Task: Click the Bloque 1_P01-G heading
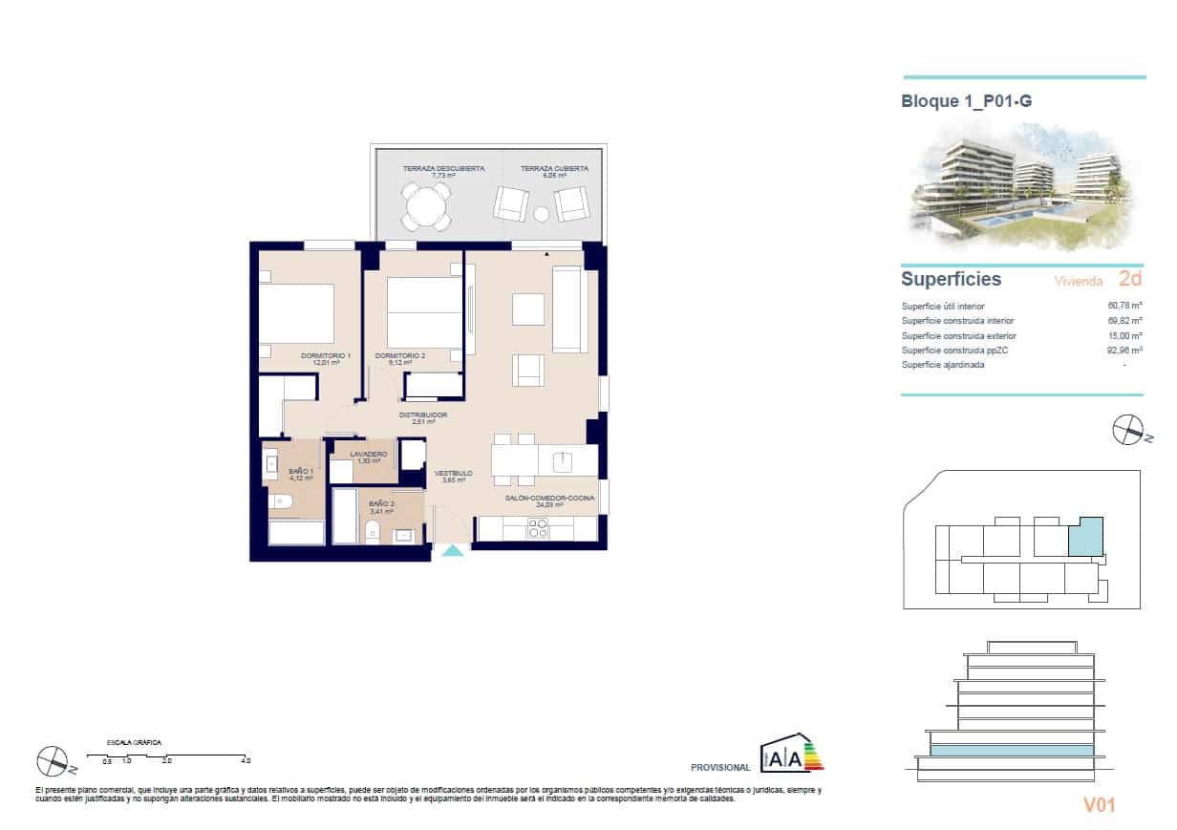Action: point(966,101)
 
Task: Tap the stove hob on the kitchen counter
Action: point(538,527)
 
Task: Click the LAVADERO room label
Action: point(368,455)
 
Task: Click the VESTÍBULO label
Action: point(453,474)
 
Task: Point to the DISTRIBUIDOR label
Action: point(422,415)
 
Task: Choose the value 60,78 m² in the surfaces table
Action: point(1123,306)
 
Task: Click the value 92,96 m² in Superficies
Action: point(1123,351)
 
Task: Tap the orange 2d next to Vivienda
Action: point(1129,279)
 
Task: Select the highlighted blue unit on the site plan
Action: point(1084,538)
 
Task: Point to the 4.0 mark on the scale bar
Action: point(246,761)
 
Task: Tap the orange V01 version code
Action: point(1099,805)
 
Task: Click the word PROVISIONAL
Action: point(719,767)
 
